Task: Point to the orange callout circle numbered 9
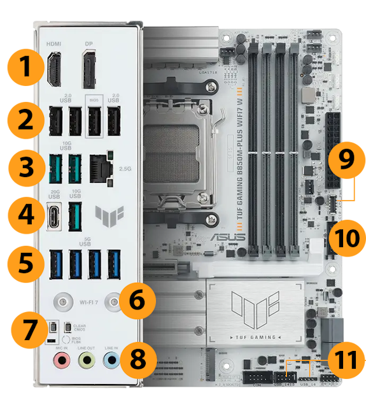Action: pos(344,159)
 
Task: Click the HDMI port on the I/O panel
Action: pos(53,70)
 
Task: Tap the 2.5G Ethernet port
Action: pos(99,167)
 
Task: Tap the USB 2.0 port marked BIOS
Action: pos(94,120)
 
